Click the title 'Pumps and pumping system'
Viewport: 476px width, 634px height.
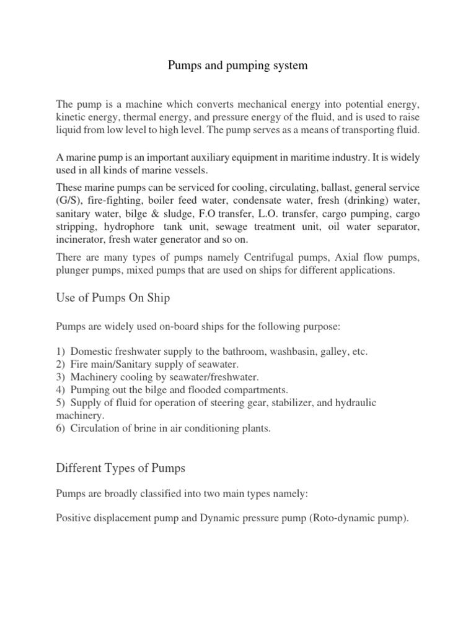point(238,65)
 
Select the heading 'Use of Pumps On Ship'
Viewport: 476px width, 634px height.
point(113,298)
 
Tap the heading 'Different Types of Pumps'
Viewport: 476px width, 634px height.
point(120,467)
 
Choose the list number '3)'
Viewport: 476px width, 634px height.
point(61,377)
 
